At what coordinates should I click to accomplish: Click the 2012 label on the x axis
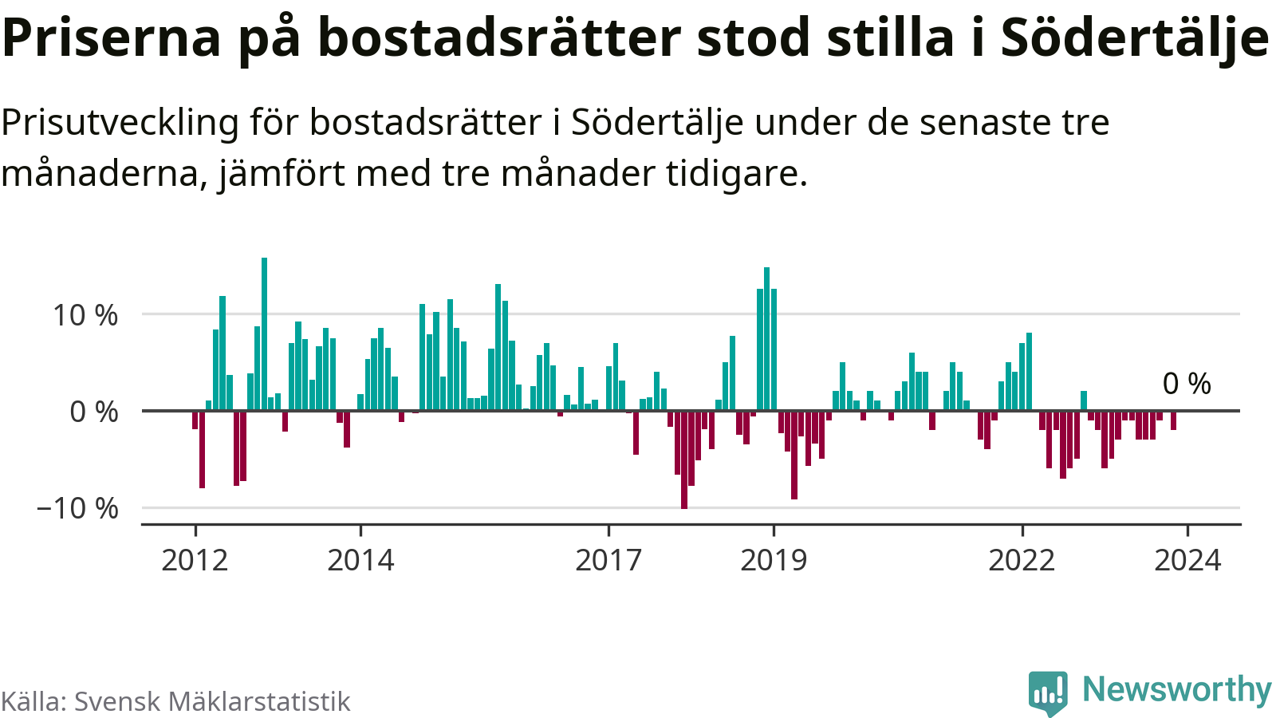[x=195, y=560]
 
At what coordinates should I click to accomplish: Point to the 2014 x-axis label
[x=360, y=560]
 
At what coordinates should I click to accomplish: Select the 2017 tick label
[x=608, y=560]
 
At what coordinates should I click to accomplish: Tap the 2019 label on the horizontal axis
[x=774, y=560]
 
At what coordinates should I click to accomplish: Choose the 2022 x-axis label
[x=1022, y=560]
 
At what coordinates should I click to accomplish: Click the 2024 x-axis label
[x=1187, y=560]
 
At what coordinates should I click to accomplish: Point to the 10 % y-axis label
[x=85, y=315]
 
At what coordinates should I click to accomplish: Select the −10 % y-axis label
[x=77, y=508]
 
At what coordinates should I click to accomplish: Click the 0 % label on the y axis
[x=94, y=412]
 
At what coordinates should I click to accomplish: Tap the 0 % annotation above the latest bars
[x=1187, y=384]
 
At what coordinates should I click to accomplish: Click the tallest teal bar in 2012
[x=265, y=333]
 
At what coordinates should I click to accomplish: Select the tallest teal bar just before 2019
[x=766, y=338]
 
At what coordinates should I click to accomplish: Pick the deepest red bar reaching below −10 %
[x=684, y=460]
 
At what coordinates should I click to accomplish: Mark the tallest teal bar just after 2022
[x=1029, y=371]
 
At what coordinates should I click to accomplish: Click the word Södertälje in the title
[x=1134, y=37]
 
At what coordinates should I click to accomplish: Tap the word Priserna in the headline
[x=112, y=37]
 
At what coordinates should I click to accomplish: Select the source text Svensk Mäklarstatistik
[x=212, y=701]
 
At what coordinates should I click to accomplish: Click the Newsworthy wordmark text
[x=1176, y=689]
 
